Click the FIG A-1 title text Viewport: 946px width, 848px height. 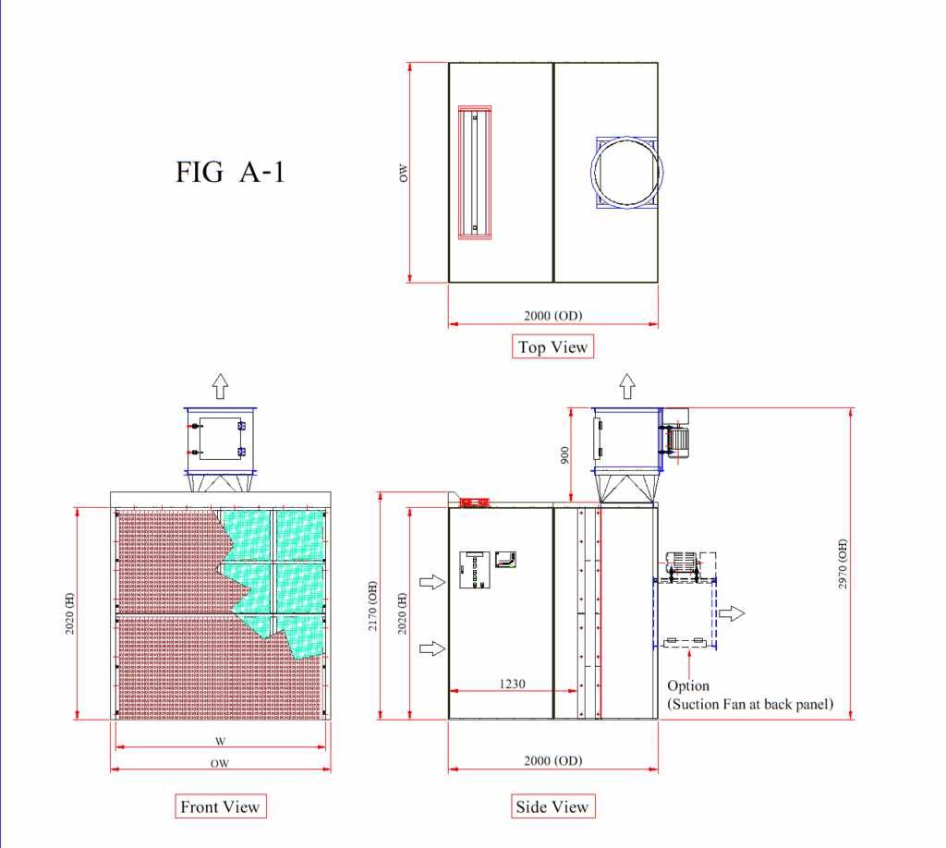tap(229, 172)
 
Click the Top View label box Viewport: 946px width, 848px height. tap(552, 346)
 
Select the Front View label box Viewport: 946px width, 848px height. tap(220, 806)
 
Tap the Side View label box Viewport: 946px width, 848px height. tap(552, 806)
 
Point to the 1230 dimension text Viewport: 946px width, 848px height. tap(512, 684)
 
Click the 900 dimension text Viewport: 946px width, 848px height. tap(564, 455)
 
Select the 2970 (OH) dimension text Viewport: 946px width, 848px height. tap(843, 563)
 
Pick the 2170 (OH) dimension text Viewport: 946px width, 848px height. tap(373, 606)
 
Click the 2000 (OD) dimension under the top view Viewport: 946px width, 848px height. tap(553, 315)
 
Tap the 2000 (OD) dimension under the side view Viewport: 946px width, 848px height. tap(553, 760)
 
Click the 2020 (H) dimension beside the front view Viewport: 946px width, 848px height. tap(70, 613)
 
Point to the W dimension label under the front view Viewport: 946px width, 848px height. tap(220, 741)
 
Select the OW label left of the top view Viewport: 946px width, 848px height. tap(404, 174)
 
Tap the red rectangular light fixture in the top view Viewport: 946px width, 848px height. tap(475, 173)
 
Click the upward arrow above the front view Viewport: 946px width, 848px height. tap(220, 386)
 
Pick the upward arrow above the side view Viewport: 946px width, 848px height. tap(627, 386)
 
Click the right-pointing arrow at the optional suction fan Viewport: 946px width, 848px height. tap(732, 613)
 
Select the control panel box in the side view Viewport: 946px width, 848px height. tap(475, 569)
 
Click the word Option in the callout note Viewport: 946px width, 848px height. tap(688, 686)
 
